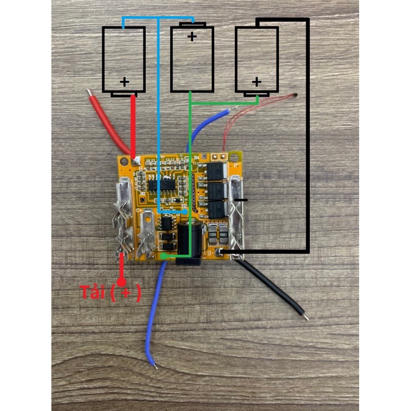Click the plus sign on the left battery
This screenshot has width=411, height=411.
(x=124, y=82)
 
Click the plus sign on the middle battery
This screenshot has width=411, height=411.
(x=192, y=36)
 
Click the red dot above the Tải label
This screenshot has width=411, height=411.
(x=122, y=282)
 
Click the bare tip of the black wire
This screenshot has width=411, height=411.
(x=306, y=317)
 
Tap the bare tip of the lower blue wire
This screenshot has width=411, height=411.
(x=154, y=365)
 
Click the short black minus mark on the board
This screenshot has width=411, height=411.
(x=240, y=199)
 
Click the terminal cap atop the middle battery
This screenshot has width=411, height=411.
(x=192, y=24)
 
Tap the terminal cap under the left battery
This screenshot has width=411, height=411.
(x=125, y=95)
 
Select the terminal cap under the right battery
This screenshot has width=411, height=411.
(x=257, y=95)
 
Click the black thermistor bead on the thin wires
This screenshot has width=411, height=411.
(x=295, y=95)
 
